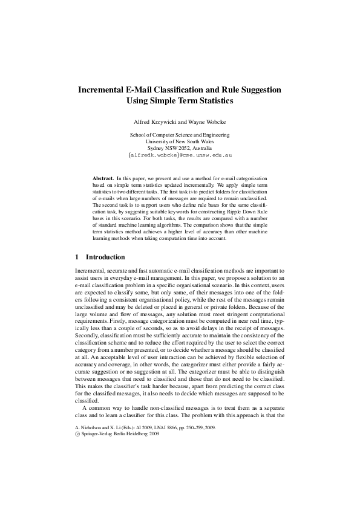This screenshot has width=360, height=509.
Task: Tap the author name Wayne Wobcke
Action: (x=207, y=122)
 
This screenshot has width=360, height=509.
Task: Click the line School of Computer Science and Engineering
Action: (x=180, y=135)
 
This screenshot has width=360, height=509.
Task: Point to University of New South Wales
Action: (x=180, y=141)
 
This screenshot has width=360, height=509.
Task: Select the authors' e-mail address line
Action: (x=180, y=155)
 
